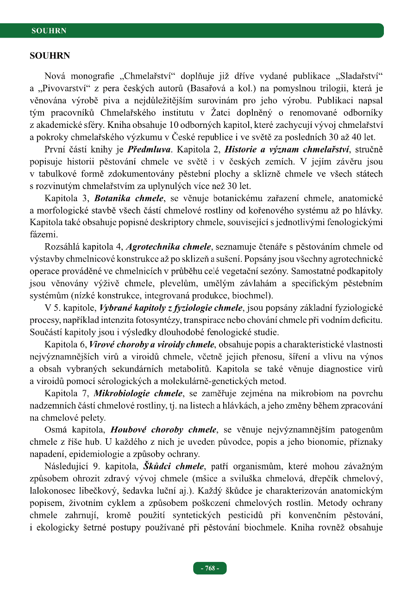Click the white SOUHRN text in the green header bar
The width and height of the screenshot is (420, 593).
(49, 31)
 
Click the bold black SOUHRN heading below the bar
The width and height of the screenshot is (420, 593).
(50, 56)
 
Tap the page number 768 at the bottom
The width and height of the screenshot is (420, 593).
(210, 568)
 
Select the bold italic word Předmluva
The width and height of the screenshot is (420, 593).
(150, 150)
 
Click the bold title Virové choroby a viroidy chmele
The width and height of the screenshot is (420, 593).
(151, 344)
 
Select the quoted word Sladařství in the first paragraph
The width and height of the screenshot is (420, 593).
(359, 76)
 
